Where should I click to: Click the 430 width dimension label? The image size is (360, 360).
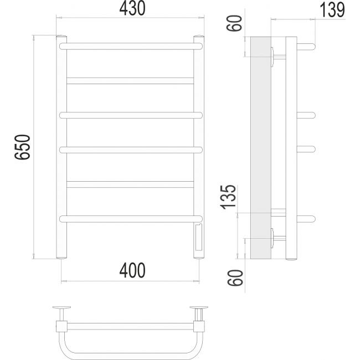click(x=132, y=8)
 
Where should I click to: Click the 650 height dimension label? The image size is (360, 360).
click(x=22, y=147)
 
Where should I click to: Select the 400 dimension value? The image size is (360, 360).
click(x=132, y=270)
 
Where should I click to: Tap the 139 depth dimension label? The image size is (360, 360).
click(x=332, y=9)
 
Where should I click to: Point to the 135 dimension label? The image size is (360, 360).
click(x=228, y=197)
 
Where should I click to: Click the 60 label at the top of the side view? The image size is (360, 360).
click(x=234, y=23)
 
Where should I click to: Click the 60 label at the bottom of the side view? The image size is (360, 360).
click(x=235, y=278)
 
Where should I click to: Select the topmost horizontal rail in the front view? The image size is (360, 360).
click(x=131, y=46)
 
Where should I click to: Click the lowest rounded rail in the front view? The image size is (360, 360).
click(x=131, y=219)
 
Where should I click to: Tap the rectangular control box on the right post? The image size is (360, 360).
click(x=199, y=238)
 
